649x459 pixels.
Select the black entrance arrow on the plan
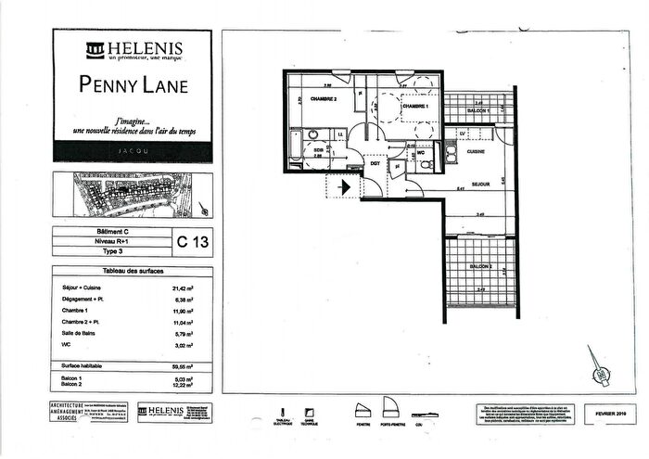pos(344,186)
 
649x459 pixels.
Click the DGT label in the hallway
pos(375,163)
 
